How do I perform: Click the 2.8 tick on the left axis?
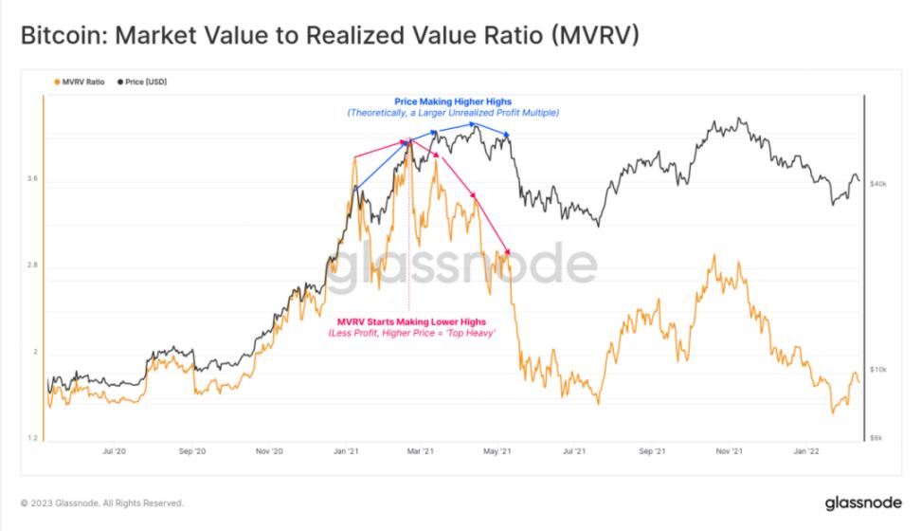tap(34, 265)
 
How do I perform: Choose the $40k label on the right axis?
tap(878, 183)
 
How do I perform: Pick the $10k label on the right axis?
tap(878, 369)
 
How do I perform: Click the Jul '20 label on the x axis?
tap(114, 452)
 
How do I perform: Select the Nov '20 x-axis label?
tap(270, 452)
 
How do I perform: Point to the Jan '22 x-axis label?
tap(806, 452)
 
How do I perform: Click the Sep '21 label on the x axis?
tap(652, 452)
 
